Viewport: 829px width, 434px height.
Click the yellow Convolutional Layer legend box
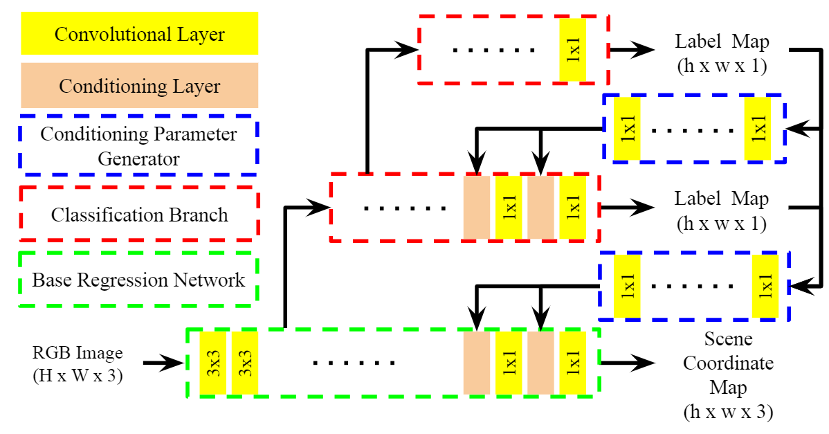click(x=140, y=33)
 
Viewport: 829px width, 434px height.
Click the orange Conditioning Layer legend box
click(x=140, y=86)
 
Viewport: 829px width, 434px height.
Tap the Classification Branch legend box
click(x=140, y=215)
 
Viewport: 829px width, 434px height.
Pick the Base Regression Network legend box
click(x=138, y=280)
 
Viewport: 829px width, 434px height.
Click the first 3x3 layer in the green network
click(x=213, y=363)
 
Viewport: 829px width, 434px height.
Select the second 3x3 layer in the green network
click(x=245, y=363)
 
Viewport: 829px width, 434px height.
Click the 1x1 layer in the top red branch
click(x=573, y=49)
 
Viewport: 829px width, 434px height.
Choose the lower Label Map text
click(x=722, y=199)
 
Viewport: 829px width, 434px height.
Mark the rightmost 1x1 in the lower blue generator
click(x=765, y=286)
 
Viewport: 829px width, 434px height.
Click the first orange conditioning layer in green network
click(x=476, y=363)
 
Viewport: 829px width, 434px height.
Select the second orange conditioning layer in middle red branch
click(x=540, y=208)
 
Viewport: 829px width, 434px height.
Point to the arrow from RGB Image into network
click(x=163, y=361)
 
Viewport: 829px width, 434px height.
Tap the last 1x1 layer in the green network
click(x=573, y=363)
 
